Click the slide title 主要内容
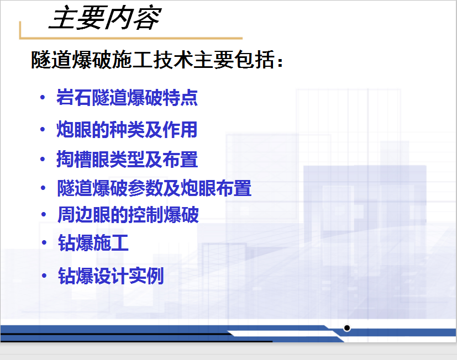click(105, 18)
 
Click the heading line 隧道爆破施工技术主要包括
click(153, 60)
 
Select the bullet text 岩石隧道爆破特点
click(127, 98)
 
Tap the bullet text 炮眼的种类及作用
click(127, 129)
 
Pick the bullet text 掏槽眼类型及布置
click(127, 160)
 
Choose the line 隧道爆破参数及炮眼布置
click(154, 188)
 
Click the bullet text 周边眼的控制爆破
click(128, 215)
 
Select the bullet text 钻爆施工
click(93, 242)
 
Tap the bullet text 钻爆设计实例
click(111, 276)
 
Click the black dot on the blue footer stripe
click(347, 328)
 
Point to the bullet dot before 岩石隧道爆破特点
click(43, 97)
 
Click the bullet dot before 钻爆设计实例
click(44, 276)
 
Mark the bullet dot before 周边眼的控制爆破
click(44, 215)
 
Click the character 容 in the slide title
click(147, 18)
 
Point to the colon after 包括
click(280, 62)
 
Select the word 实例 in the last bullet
click(146, 276)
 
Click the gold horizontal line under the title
click(131, 38)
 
